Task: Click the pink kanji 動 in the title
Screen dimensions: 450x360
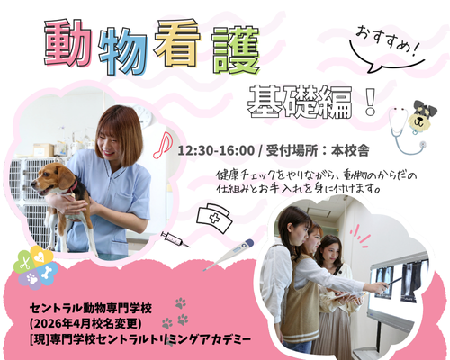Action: (x=67, y=43)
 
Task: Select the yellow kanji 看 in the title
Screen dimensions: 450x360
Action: (x=177, y=43)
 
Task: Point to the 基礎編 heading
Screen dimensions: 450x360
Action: (x=300, y=103)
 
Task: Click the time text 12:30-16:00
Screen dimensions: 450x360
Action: (x=216, y=151)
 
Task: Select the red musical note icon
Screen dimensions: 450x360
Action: (x=162, y=145)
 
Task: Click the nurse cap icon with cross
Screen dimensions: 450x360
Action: (x=214, y=218)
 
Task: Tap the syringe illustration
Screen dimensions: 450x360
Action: (x=175, y=239)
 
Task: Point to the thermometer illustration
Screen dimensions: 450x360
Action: (x=229, y=255)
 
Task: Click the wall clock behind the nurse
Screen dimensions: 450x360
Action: (x=145, y=115)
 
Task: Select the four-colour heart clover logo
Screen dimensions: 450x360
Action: (x=36, y=267)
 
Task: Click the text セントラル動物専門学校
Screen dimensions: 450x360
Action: (x=91, y=308)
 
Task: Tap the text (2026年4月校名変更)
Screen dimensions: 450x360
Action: (x=85, y=324)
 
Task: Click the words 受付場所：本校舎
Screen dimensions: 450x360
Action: (x=318, y=151)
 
